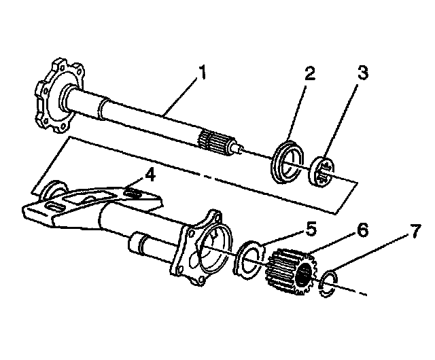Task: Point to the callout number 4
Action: tap(150, 175)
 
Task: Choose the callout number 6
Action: tap(363, 230)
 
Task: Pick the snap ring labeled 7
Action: tap(330, 283)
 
